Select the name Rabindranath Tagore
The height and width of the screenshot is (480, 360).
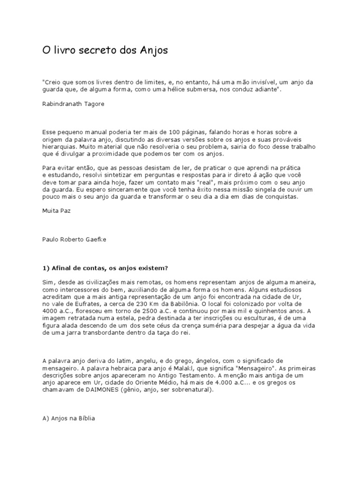point(73,104)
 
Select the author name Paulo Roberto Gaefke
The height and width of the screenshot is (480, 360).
point(74,239)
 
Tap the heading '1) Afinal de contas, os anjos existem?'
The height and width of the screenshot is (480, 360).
point(105,268)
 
